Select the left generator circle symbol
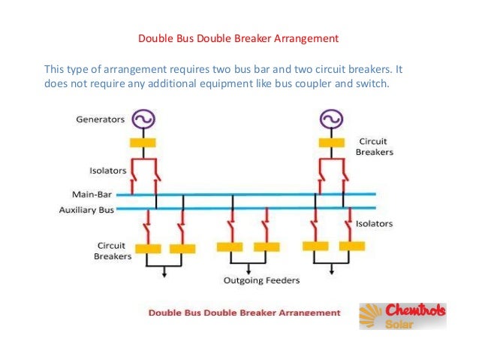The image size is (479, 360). [143, 119]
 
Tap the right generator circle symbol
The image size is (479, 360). [330, 119]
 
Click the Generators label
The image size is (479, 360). [101, 119]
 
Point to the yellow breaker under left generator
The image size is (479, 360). [143, 142]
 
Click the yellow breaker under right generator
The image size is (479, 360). [330, 142]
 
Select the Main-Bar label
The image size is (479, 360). [92, 194]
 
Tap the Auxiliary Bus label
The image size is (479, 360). [86, 210]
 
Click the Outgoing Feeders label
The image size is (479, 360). [261, 280]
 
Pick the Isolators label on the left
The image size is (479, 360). [108, 171]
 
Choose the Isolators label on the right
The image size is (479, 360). [374, 223]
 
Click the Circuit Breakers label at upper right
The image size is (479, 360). [374, 147]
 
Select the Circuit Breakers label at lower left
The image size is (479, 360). [112, 250]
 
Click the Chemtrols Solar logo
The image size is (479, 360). [402, 316]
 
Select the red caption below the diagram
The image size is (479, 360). [243, 312]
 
